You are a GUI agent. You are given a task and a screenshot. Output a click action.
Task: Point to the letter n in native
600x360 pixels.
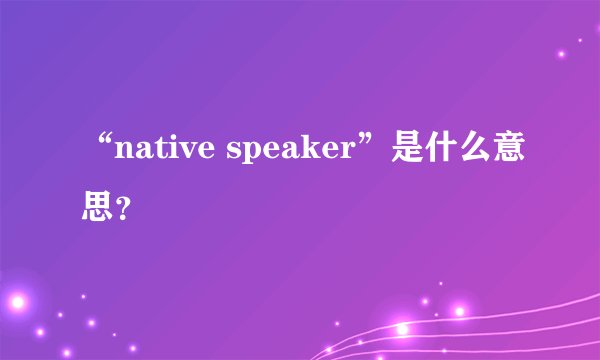tap(125, 154)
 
